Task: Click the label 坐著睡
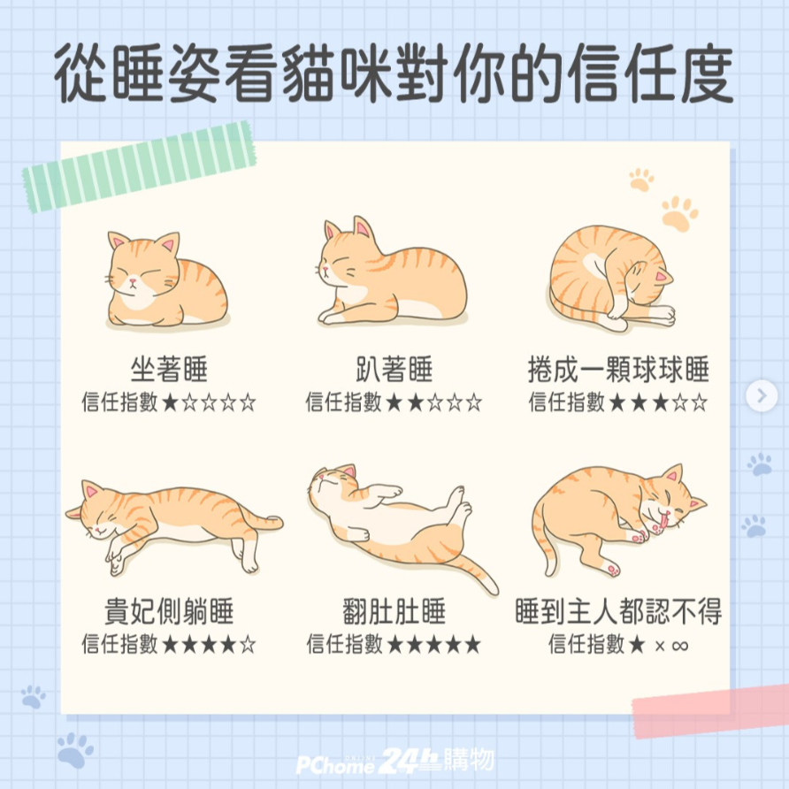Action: (169, 370)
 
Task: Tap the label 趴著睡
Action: (394, 370)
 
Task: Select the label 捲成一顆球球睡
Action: (618, 370)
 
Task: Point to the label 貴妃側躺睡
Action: (169, 611)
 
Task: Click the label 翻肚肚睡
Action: (394, 611)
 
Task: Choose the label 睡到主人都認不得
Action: (618, 611)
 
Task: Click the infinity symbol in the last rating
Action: (679, 645)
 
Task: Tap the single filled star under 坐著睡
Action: (170, 402)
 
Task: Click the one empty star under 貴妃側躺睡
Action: (248, 645)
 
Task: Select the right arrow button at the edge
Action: (762, 395)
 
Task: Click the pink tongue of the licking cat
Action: (664, 520)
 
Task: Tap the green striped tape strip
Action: (139, 166)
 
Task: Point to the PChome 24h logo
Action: (395, 761)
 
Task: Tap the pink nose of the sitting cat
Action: (133, 280)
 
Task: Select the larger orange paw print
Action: (678, 213)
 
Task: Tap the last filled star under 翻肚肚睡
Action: (472, 645)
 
